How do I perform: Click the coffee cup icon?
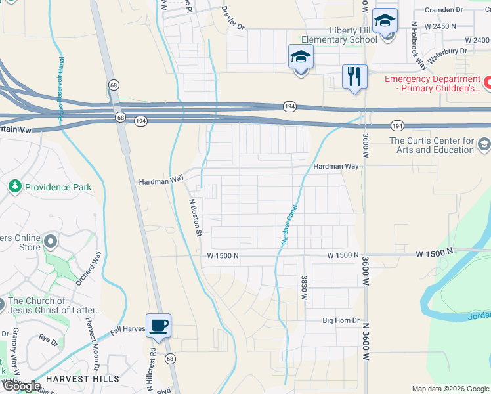coord(158,326)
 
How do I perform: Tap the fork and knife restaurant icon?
coord(354,77)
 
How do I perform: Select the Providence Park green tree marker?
coord(15,187)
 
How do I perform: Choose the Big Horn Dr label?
coord(341,320)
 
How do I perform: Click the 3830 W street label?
coord(304,288)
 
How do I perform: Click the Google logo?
coord(21,386)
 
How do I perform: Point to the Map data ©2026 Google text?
coord(450,389)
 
